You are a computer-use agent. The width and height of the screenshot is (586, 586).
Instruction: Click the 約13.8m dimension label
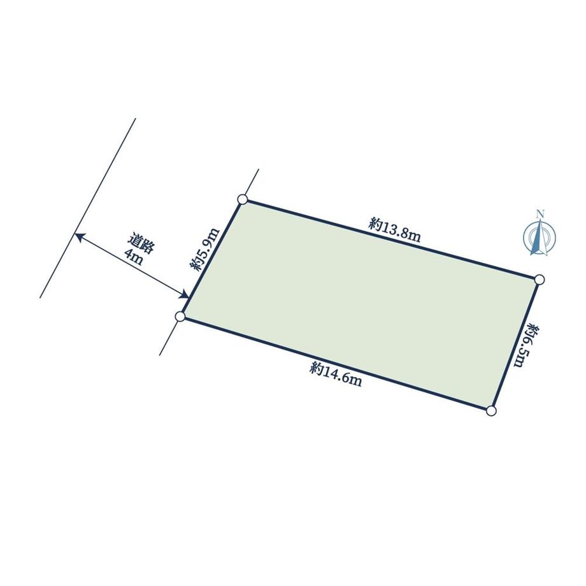(x=395, y=230)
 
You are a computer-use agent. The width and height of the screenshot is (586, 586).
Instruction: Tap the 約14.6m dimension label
(x=336, y=375)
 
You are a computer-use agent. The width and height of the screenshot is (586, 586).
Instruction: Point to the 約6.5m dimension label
(x=526, y=346)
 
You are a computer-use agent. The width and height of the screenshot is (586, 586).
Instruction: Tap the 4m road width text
(x=133, y=257)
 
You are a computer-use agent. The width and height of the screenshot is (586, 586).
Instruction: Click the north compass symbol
(x=540, y=236)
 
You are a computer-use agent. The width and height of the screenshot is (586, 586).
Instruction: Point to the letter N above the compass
(x=540, y=214)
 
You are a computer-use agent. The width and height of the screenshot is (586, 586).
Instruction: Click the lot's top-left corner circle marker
(x=243, y=199)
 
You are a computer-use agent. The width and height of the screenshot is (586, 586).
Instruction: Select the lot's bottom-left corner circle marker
(x=180, y=317)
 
